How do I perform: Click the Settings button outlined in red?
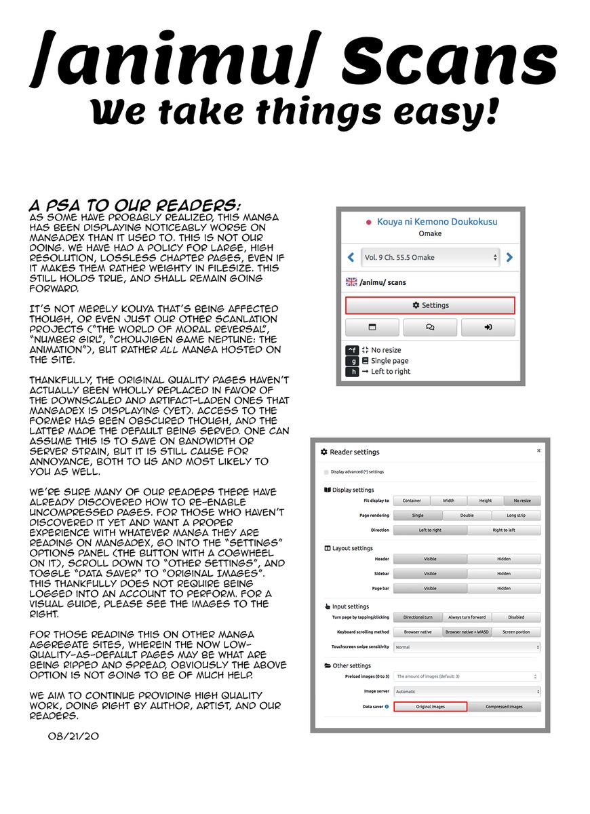tap(431, 305)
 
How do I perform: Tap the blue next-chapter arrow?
tap(509, 258)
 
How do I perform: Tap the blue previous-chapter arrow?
tap(351, 258)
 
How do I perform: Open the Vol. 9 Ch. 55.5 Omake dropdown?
tap(431, 258)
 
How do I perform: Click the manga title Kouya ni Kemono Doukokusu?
tap(437, 222)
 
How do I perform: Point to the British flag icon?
tap(351, 282)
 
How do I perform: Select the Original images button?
tap(430, 707)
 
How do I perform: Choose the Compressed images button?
tap(504, 707)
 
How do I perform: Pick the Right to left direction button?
tap(504, 530)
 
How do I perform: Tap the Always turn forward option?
tap(467, 617)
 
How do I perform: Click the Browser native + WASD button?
tap(467, 632)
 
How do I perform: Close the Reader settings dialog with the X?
tap(539, 450)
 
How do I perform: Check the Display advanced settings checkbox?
tap(326, 471)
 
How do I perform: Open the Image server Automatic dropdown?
tap(467, 691)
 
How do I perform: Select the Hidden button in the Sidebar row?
tap(504, 574)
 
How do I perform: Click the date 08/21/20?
tap(74, 735)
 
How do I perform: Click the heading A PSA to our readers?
tap(134, 205)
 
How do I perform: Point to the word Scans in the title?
tap(449, 62)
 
